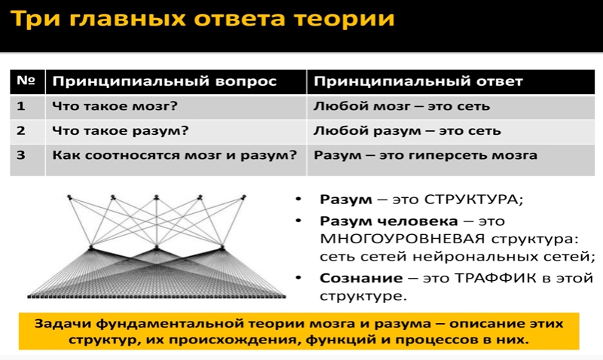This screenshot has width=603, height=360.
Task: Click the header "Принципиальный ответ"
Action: pyautogui.click(x=418, y=81)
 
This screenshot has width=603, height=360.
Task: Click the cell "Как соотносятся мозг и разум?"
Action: pyautogui.click(x=174, y=156)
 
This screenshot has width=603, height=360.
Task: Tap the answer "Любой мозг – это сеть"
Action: pyautogui.click(x=402, y=106)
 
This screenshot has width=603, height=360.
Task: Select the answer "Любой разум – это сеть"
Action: pyautogui.click(x=407, y=131)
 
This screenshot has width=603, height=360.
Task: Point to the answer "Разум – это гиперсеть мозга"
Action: pyautogui.click(x=425, y=156)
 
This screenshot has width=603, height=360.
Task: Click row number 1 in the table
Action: pyautogui.click(x=22, y=106)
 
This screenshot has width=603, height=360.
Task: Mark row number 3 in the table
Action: pyautogui.click(x=22, y=156)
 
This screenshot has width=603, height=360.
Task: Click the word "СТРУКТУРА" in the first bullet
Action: pyautogui.click(x=473, y=200)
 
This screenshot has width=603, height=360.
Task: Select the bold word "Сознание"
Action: pyautogui.click(x=354, y=278)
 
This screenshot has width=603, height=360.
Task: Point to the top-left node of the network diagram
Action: pyautogui.click(x=69, y=197)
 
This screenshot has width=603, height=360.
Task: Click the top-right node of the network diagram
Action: pyautogui.click(x=244, y=197)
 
